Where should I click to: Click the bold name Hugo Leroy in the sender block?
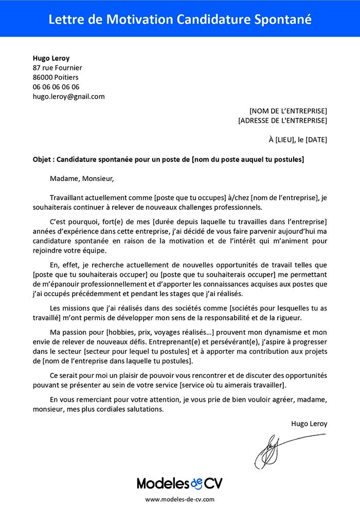point(51,58)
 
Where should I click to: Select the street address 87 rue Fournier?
point(57,67)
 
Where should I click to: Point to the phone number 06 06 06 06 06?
point(56,87)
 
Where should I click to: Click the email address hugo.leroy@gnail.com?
point(68,96)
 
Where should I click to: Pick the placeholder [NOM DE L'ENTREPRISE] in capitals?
point(288,111)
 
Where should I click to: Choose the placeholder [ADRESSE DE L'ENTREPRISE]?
point(283,121)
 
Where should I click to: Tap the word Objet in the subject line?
point(42,159)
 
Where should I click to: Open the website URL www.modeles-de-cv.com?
point(179,499)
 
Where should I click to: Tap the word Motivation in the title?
point(139,19)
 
